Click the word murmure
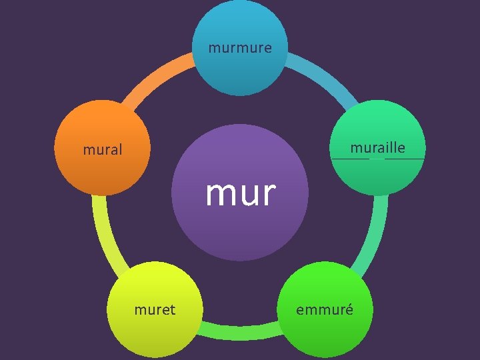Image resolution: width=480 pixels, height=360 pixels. pos(240,48)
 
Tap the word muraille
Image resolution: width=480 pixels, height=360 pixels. pos(377,147)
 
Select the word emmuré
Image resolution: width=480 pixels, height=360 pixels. pos(325,309)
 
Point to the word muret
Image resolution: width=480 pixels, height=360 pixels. pos(155,309)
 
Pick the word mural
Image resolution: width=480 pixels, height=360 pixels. pos(103,150)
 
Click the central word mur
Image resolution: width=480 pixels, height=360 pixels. pos(240,193)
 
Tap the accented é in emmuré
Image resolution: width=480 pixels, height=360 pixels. pos(348,309)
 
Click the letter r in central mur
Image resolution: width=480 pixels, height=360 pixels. pos(267,194)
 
